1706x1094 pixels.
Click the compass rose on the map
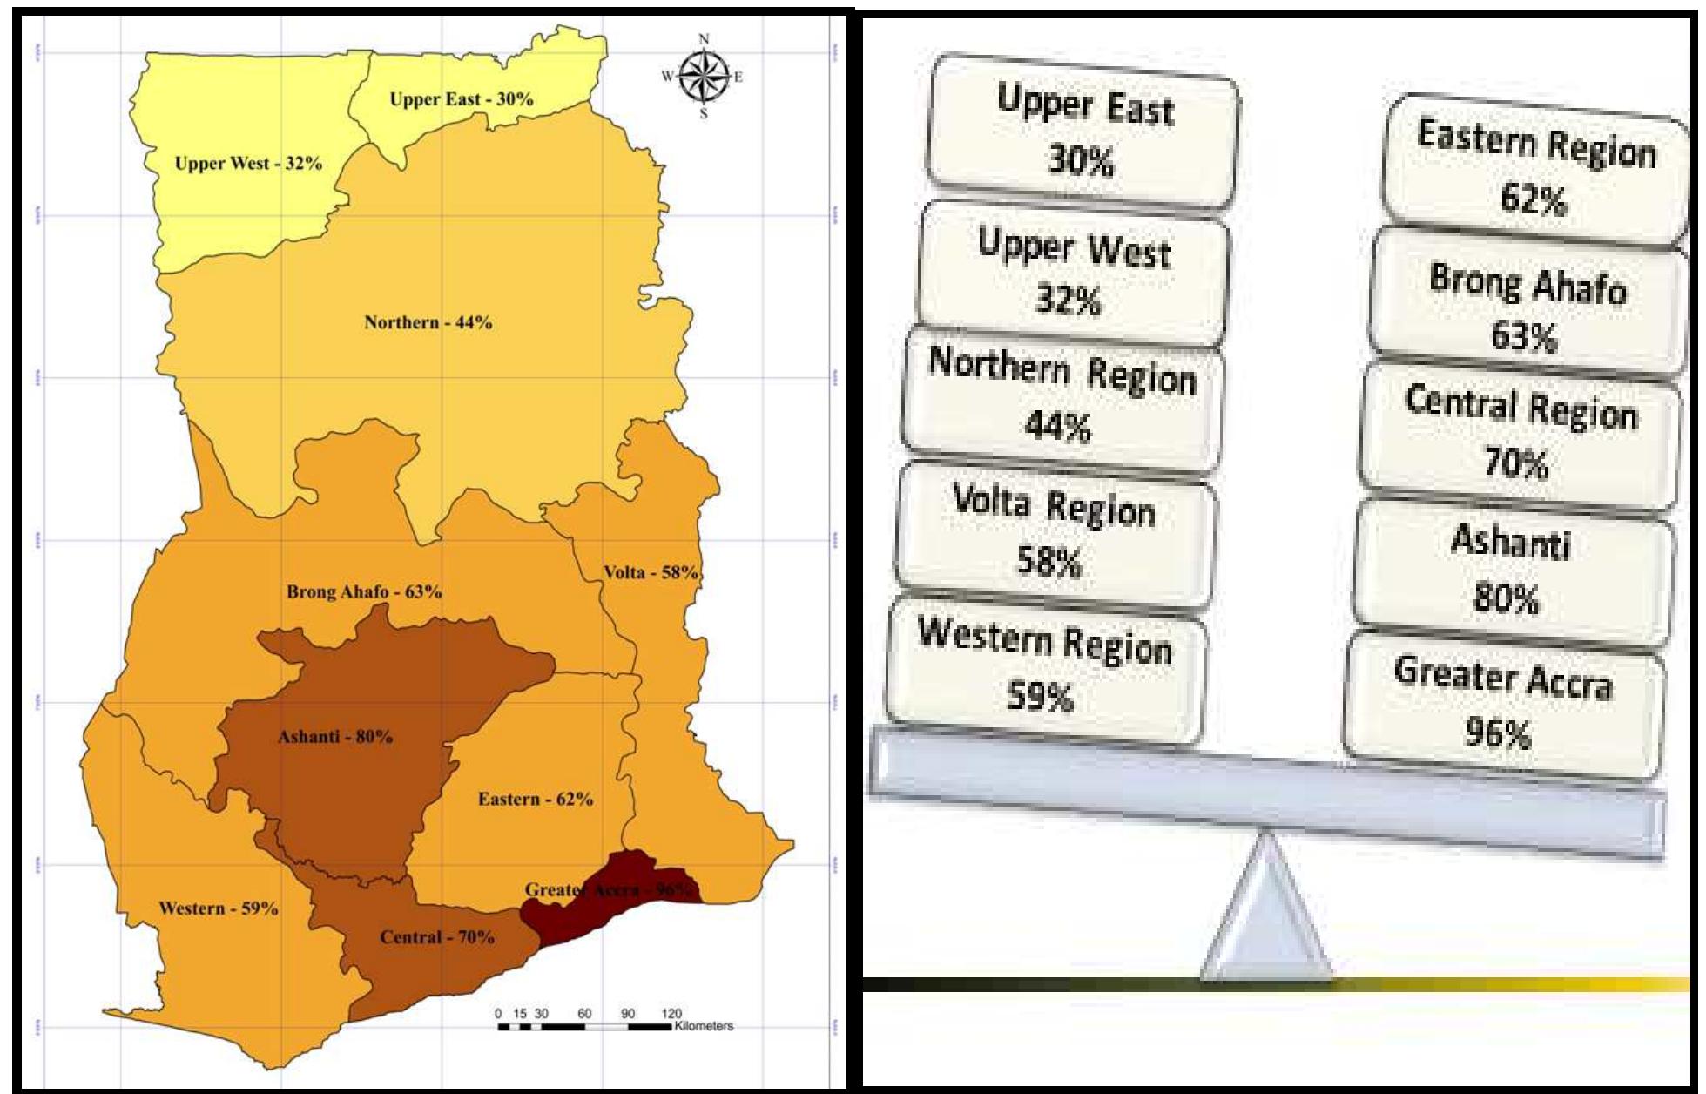pyautogui.click(x=704, y=77)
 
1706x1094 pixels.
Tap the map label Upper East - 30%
pyautogui.click(x=461, y=99)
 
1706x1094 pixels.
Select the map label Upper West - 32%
pyautogui.click(x=248, y=164)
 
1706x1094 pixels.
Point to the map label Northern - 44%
pyautogui.click(x=428, y=323)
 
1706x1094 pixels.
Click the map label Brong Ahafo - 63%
pyautogui.click(x=364, y=592)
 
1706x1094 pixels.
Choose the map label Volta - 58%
pyautogui.click(x=651, y=573)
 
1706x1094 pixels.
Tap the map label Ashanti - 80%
pyautogui.click(x=335, y=737)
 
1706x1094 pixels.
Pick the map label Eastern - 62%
pyautogui.click(x=536, y=800)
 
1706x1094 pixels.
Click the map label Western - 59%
pyautogui.click(x=218, y=909)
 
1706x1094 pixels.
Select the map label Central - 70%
pyautogui.click(x=436, y=938)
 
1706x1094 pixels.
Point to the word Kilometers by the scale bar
pyautogui.click(x=704, y=1026)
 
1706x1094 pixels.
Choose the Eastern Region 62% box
pyautogui.click(x=1535, y=170)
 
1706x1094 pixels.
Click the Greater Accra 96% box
pyautogui.click(x=1502, y=705)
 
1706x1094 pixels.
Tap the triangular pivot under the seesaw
pyautogui.click(x=1266, y=915)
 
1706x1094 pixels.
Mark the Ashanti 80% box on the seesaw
pyautogui.click(x=1511, y=571)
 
